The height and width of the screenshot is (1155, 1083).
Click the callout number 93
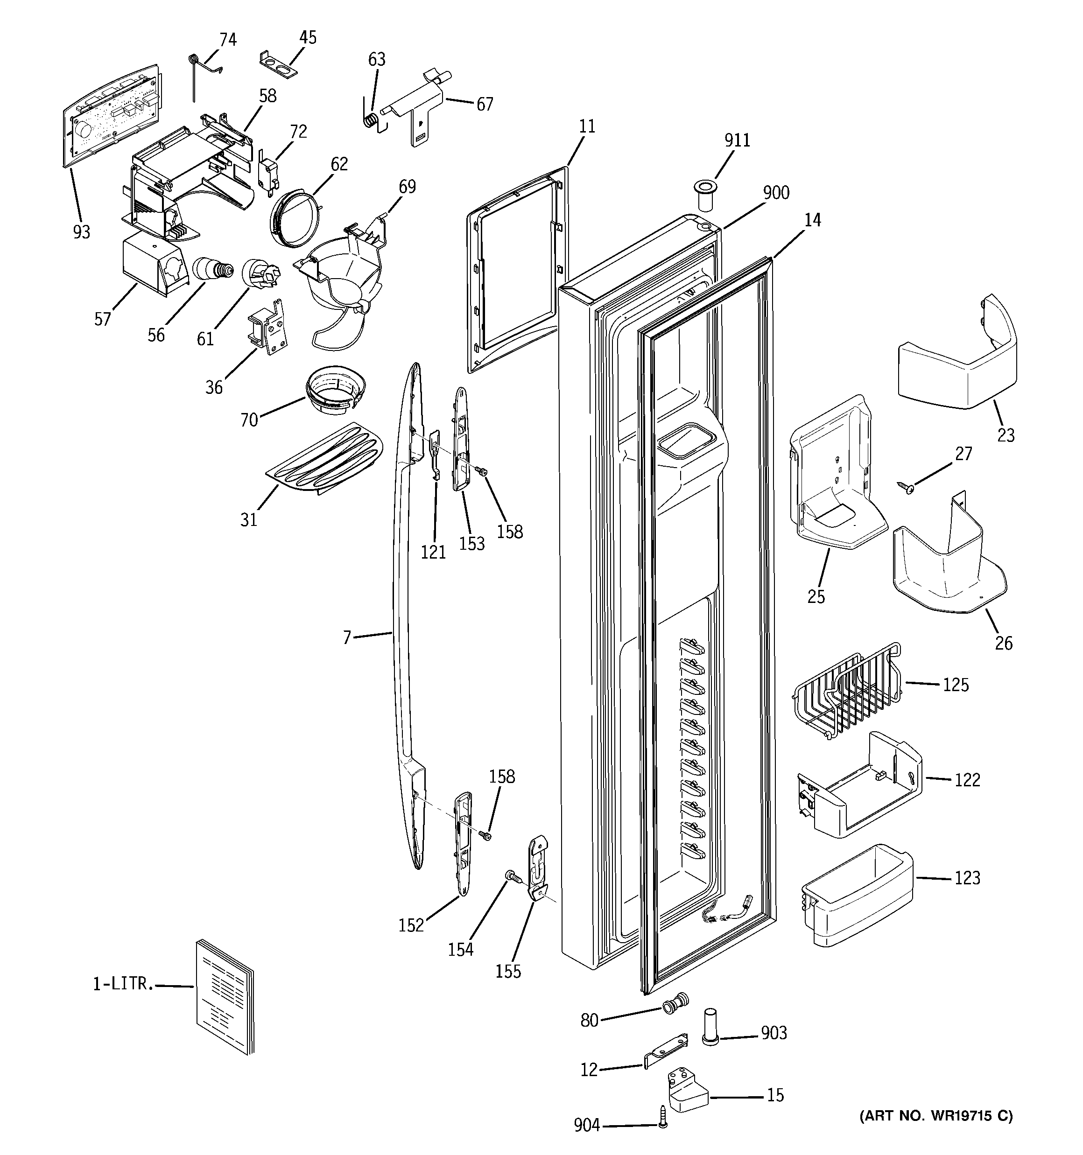tap(81, 232)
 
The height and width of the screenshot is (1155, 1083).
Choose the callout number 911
tap(737, 140)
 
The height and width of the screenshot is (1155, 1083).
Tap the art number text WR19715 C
tap(936, 1115)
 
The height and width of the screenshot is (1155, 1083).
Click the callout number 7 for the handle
tap(346, 638)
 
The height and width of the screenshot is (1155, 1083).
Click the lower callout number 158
tap(502, 777)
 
